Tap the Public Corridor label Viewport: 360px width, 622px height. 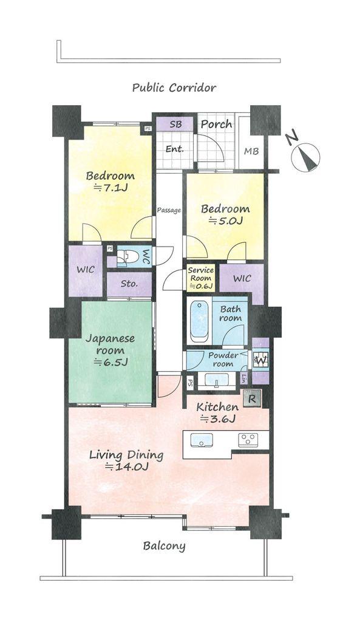click(174, 87)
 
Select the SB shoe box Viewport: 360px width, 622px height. click(175, 124)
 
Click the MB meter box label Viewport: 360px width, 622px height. click(251, 151)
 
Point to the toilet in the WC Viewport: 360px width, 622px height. click(127, 257)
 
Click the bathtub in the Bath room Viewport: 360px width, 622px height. click(199, 321)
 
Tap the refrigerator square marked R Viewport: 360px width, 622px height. click(252, 398)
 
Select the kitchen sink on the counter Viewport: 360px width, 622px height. click(202, 440)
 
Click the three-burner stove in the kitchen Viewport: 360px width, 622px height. click(248, 439)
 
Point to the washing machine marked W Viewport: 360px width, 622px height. click(261, 360)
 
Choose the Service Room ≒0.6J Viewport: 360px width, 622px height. click(200, 278)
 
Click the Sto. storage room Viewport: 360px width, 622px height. click(129, 284)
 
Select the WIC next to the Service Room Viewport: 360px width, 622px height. click(242, 278)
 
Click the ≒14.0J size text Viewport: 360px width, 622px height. click(127, 467)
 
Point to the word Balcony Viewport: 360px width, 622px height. click(164, 546)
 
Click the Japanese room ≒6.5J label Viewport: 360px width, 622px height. click(110, 350)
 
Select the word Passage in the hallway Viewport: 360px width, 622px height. click(169, 210)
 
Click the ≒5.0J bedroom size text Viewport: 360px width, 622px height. click(226, 221)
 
